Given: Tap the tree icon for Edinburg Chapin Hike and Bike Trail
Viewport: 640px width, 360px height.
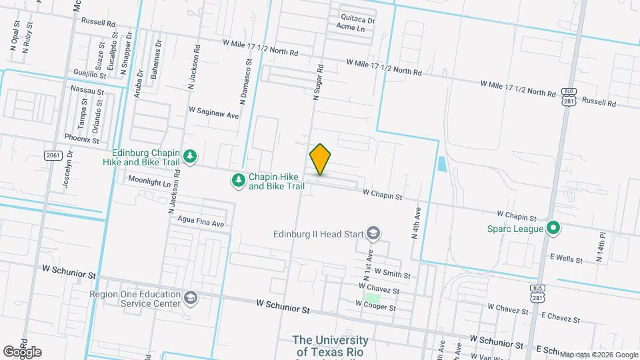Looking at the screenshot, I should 191,155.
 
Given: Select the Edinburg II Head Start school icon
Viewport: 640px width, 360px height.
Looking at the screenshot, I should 375,233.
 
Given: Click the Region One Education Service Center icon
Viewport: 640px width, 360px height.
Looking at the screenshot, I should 191,297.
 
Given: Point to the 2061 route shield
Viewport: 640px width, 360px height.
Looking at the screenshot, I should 53,155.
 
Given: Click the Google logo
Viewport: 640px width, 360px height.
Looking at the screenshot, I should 22,351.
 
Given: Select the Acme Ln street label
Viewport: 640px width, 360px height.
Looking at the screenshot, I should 351,29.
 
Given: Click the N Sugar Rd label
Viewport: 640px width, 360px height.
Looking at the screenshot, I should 319,83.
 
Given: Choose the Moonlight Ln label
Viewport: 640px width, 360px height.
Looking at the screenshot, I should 149,181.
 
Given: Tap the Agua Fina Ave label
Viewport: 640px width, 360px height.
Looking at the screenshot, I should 201,223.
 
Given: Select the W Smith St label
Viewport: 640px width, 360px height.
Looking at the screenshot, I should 392,273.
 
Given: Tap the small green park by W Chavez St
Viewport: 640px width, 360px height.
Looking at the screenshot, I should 373,297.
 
